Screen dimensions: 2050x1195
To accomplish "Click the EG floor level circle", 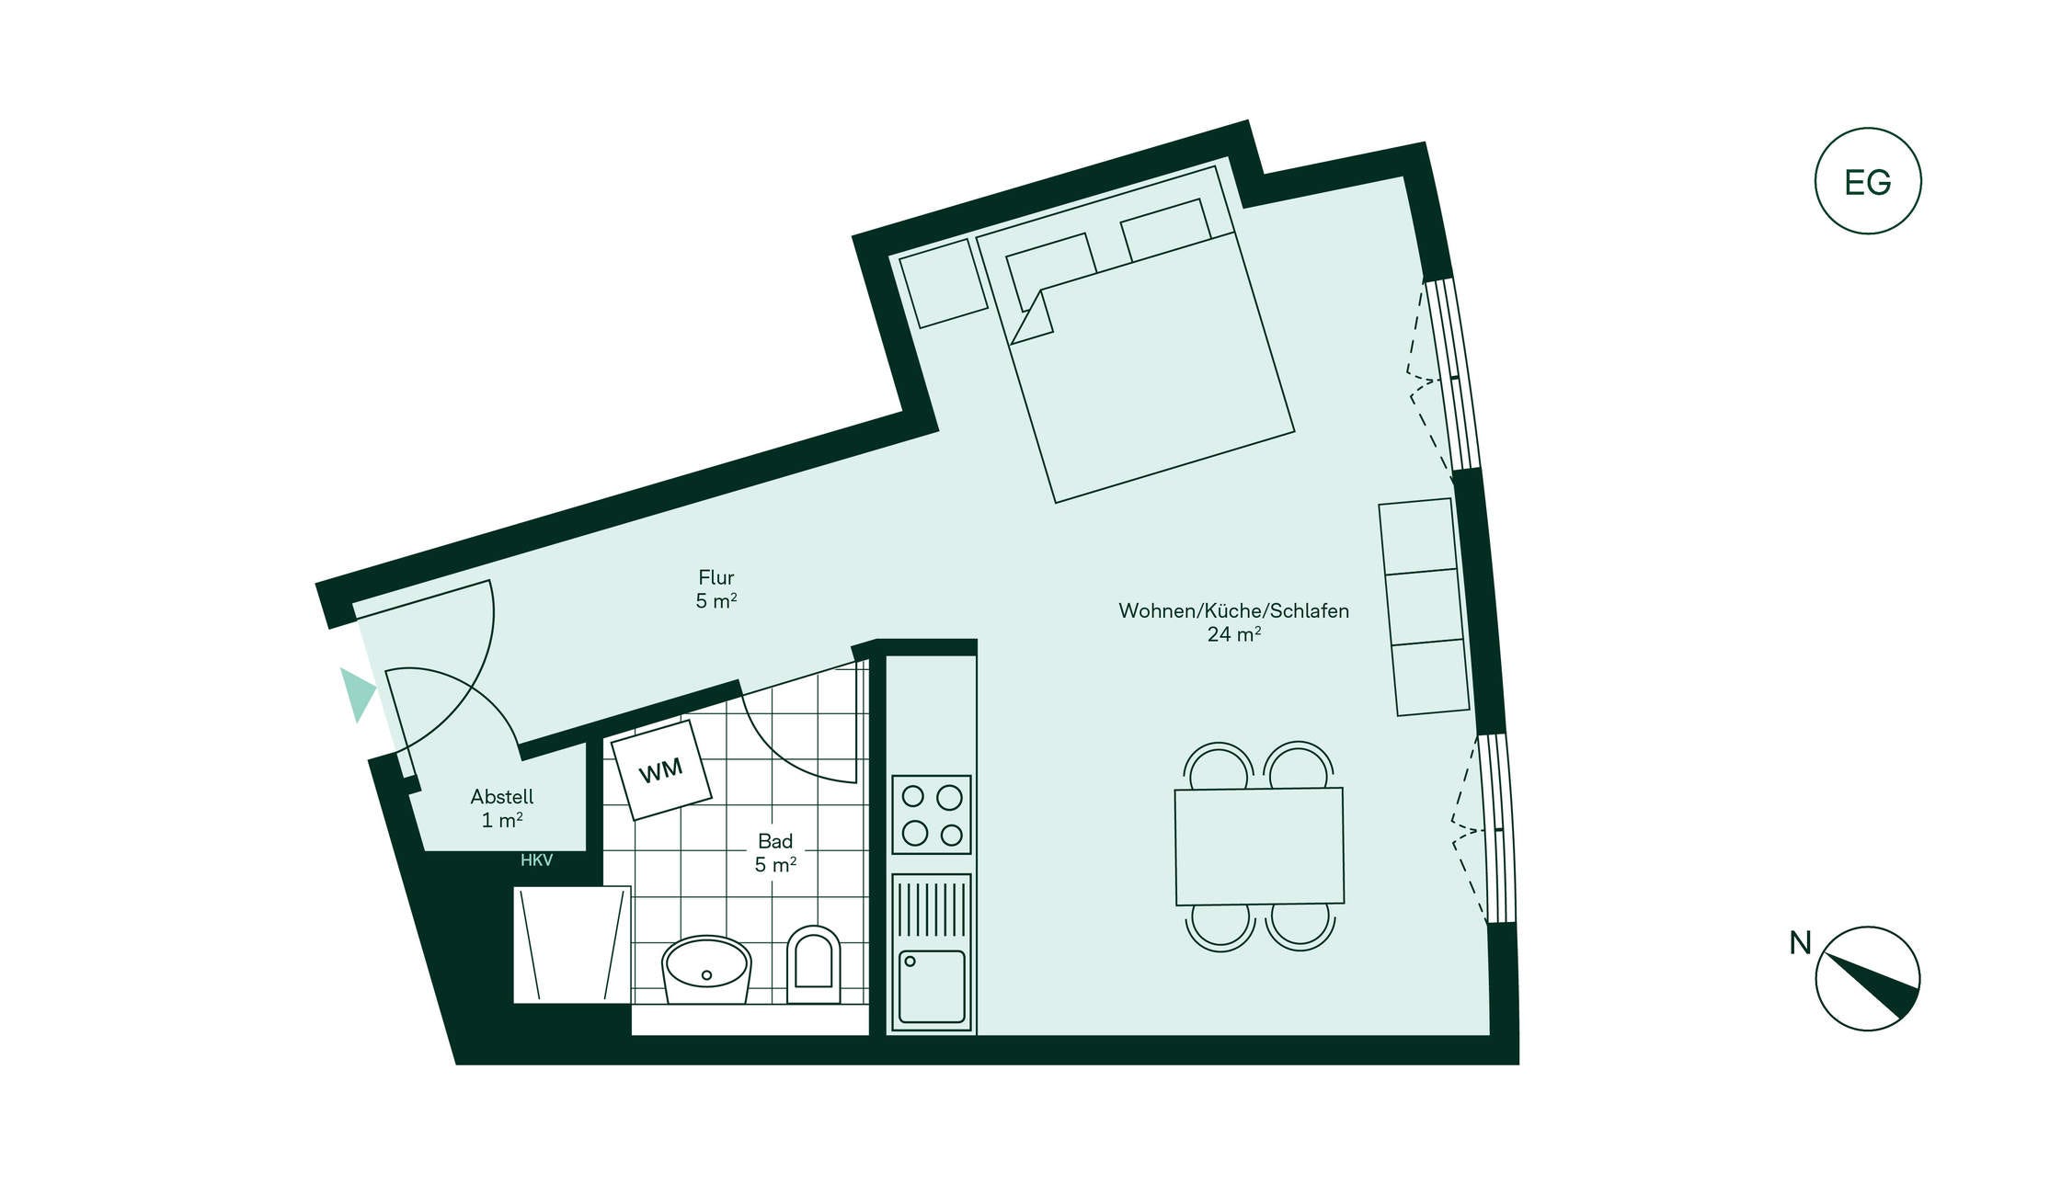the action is pos(1867,181).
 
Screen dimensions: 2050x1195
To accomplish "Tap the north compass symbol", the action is pos(1867,978).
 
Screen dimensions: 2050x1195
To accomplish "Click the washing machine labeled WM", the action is pos(661,769).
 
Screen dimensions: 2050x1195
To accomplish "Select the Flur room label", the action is pos(716,577).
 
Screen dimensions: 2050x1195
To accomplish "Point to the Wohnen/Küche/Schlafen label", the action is pos(1233,610).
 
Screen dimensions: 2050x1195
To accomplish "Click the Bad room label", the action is pos(775,841).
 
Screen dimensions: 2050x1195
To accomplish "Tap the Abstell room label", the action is pos(501,797).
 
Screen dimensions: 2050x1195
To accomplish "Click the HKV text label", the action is pos(536,860).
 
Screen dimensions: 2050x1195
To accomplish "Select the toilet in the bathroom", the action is pos(814,964).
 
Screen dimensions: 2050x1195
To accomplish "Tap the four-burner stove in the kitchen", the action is pos(932,814).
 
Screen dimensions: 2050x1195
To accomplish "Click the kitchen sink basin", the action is pos(932,986).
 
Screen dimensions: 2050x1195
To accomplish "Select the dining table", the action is pos(1259,846).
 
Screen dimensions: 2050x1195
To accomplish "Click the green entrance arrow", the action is pos(357,694).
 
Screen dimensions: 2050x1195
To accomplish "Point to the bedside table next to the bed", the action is pos(943,283).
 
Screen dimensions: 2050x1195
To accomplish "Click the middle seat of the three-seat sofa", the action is pos(1424,607).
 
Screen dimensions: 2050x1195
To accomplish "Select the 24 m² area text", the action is pos(1233,634).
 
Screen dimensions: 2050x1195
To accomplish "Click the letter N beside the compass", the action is pos(1800,943).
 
